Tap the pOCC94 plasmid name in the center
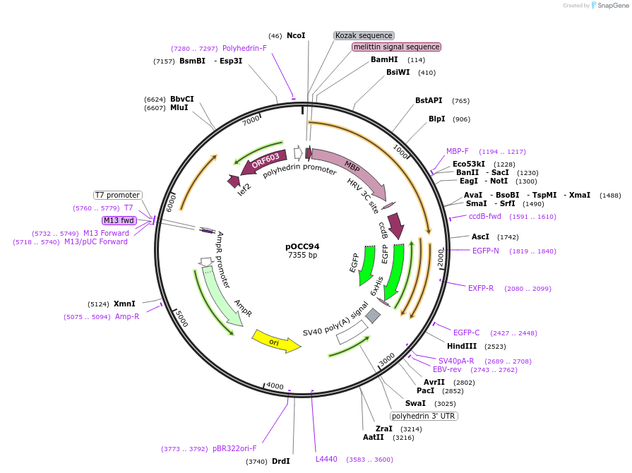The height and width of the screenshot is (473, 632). pyautogui.click(x=302, y=246)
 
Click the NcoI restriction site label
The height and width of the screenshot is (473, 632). pyautogui.click(x=296, y=35)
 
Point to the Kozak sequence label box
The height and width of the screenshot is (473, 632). pyautogui.click(x=364, y=35)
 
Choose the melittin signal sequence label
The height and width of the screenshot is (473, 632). pyautogui.click(x=397, y=47)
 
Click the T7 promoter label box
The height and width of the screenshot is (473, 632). pyautogui.click(x=117, y=195)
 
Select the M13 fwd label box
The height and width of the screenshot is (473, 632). pyautogui.click(x=119, y=220)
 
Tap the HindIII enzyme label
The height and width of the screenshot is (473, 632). pyautogui.click(x=462, y=346)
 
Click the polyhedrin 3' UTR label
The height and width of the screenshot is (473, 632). pyautogui.click(x=424, y=416)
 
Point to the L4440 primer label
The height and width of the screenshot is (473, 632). pyautogui.click(x=326, y=459)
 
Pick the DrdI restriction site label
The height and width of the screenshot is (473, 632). pyautogui.click(x=280, y=461)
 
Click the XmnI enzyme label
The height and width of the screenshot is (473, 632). pyautogui.click(x=124, y=304)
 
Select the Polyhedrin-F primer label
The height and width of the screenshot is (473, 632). pyautogui.click(x=244, y=48)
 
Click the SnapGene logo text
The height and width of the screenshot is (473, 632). pyautogui.click(x=612, y=5)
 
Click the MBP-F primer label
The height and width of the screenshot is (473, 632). pyautogui.click(x=458, y=151)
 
